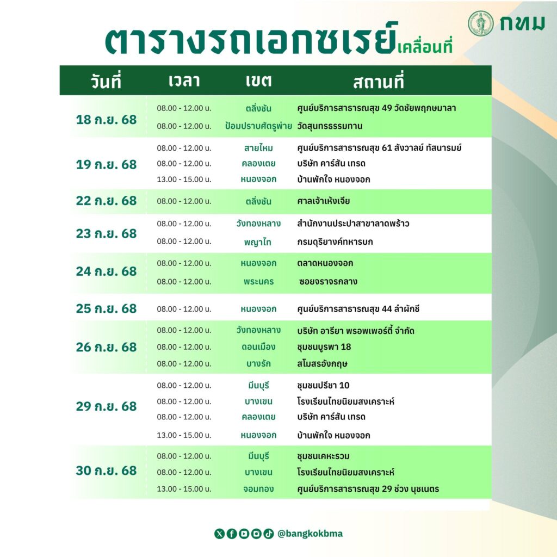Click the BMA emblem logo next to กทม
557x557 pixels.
(x=481, y=23)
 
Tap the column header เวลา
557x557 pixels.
(x=184, y=81)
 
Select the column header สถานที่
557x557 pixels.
(x=379, y=82)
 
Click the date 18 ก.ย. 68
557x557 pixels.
(x=106, y=120)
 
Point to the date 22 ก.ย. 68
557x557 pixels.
(x=106, y=201)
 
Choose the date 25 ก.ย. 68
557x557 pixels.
(x=106, y=309)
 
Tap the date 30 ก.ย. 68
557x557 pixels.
(x=106, y=471)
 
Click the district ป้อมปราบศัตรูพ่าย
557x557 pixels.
(x=258, y=126)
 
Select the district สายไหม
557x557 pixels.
(x=258, y=148)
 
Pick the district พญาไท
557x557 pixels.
(x=257, y=242)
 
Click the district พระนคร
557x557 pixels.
(x=258, y=282)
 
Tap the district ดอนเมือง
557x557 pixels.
(x=258, y=346)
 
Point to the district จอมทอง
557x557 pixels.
(x=258, y=489)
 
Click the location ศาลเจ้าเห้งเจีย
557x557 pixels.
(x=323, y=201)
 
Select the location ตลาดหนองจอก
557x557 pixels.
(x=325, y=263)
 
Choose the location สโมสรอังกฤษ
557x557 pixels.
(x=322, y=364)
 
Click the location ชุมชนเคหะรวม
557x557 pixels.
(x=323, y=456)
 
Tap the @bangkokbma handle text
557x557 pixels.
(x=310, y=534)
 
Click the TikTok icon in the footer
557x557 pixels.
(x=269, y=534)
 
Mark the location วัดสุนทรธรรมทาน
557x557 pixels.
(x=330, y=126)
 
